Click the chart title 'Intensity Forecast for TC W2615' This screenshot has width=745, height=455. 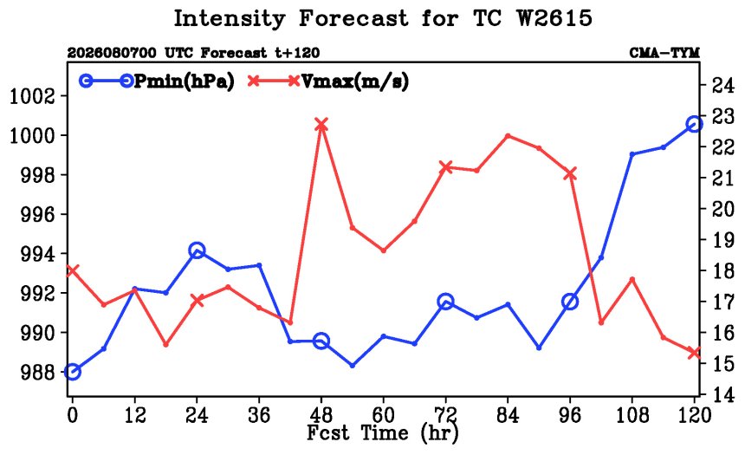[383, 18]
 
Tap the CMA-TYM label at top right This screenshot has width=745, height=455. [664, 52]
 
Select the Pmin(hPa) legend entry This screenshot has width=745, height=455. [157, 81]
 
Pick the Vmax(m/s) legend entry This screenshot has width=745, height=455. [328, 81]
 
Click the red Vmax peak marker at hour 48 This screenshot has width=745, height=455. [321, 126]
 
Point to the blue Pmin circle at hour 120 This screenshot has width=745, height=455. [694, 125]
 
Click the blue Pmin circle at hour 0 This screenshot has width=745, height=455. [72, 372]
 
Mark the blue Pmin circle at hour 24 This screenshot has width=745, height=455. [197, 250]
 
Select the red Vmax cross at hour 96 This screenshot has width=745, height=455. [570, 174]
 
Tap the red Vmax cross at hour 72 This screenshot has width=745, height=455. [445, 167]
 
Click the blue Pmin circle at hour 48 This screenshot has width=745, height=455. [321, 341]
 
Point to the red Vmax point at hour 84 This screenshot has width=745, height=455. [508, 136]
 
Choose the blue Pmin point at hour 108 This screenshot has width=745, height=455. [632, 154]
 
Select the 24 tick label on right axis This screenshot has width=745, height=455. [722, 86]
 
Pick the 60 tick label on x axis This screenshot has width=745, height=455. [384, 415]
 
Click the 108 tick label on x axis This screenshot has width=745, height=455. [632, 415]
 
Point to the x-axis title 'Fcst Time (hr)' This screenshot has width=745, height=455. [383, 432]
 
